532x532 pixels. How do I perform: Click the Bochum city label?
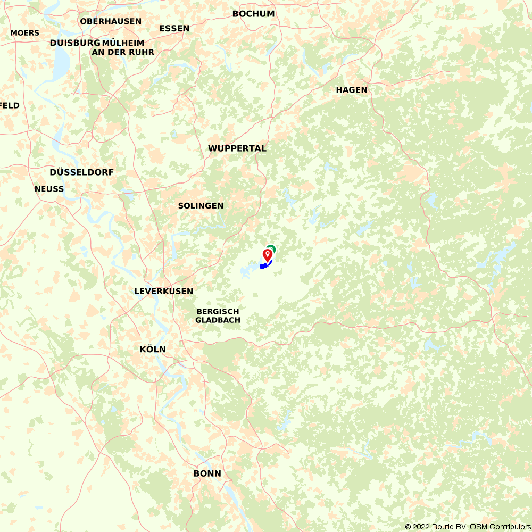[253, 14]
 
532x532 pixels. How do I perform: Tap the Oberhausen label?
[111, 21]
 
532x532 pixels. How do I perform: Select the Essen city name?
[174, 28]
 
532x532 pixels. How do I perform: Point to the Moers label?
[24, 33]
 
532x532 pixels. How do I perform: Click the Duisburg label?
[75, 43]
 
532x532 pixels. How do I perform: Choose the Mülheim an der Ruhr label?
[123, 47]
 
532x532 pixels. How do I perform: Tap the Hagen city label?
[351, 90]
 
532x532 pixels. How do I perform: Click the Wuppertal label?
[237, 148]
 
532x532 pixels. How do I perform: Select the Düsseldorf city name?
[81, 172]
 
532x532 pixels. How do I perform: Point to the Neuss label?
[49, 189]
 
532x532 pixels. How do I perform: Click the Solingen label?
[201, 205]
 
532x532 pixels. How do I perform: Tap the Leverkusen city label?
[163, 292]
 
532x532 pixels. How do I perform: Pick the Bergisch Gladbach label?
[218, 315]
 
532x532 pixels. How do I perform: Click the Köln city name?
[153, 350]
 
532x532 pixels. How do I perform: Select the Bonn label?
[207, 473]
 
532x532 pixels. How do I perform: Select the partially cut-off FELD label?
[10, 105]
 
